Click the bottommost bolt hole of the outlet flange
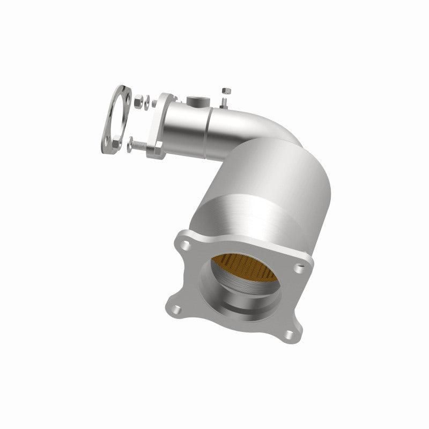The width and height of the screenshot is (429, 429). [x=290, y=335]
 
